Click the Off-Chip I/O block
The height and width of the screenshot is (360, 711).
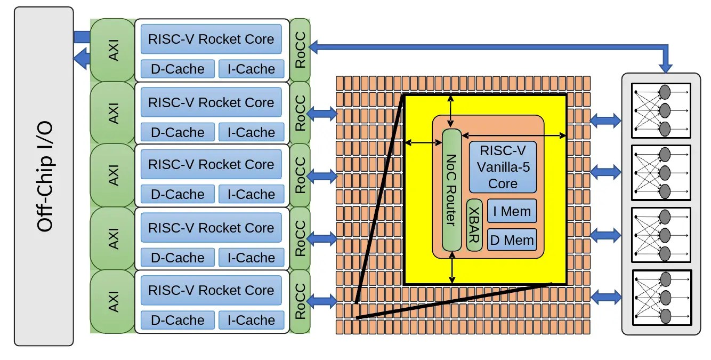click(44, 176)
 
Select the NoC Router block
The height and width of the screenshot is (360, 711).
click(451, 190)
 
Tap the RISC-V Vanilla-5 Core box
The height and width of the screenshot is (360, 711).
click(503, 167)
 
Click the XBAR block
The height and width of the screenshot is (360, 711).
click(474, 225)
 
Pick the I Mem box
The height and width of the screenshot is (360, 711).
click(512, 211)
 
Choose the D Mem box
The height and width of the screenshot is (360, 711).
click(512, 240)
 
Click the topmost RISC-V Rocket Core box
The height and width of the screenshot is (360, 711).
click(211, 39)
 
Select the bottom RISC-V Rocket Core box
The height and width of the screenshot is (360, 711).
click(211, 291)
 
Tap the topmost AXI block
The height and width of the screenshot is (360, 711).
click(113, 50)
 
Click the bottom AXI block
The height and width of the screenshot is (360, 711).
click(113, 301)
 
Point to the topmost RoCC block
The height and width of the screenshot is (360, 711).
click(300, 50)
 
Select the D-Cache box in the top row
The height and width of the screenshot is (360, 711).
click(177, 69)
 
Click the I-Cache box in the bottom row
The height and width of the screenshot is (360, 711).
click(251, 320)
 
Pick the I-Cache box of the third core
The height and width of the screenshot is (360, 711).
click(251, 195)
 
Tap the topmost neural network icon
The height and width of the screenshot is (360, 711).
click(661, 110)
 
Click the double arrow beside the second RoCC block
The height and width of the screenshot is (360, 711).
click(323, 113)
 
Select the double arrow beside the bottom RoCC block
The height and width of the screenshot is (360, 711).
click(323, 301)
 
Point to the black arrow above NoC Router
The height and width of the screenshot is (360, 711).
click(452, 111)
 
